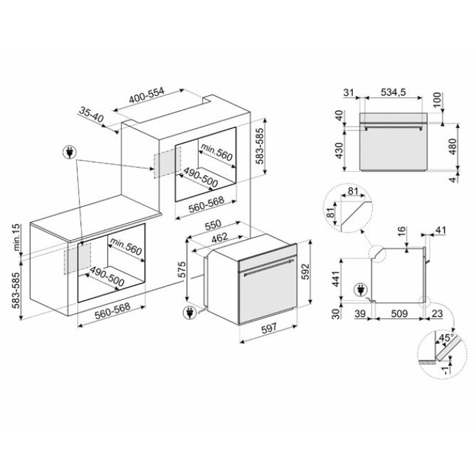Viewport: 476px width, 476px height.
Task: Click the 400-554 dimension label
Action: click(x=147, y=95)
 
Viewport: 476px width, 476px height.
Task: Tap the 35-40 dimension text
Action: click(x=91, y=114)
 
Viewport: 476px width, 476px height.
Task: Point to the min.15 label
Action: click(x=16, y=237)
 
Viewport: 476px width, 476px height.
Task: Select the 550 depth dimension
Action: click(x=213, y=225)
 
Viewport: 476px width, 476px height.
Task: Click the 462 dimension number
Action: click(x=220, y=238)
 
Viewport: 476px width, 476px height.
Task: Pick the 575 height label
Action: click(x=182, y=270)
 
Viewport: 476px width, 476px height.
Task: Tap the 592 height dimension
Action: click(x=305, y=272)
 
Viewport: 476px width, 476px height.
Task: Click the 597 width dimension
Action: click(x=269, y=328)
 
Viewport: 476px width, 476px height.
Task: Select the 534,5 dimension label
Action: click(x=393, y=92)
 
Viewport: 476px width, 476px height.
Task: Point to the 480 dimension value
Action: click(x=452, y=146)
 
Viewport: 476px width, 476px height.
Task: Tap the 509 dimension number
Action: click(x=399, y=313)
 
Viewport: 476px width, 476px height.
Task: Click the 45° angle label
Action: click(x=447, y=338)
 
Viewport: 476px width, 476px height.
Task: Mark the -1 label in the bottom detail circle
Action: click(x=445, y=370)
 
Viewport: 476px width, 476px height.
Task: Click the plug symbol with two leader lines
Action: click(x=69, y=152)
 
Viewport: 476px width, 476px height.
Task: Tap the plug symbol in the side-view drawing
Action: click(x=360, y=290)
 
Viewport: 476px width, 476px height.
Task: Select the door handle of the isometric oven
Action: click(x=269, y=267)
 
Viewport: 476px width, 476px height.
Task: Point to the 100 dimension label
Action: click(x=437, y=100)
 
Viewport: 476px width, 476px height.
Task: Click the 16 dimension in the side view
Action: click(x=402, y=232)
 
